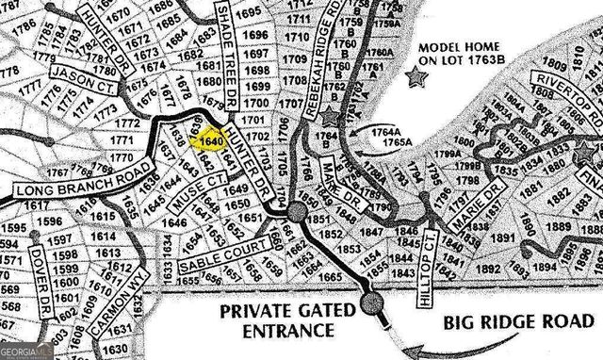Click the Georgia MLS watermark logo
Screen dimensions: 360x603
click(x=28, y=352)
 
